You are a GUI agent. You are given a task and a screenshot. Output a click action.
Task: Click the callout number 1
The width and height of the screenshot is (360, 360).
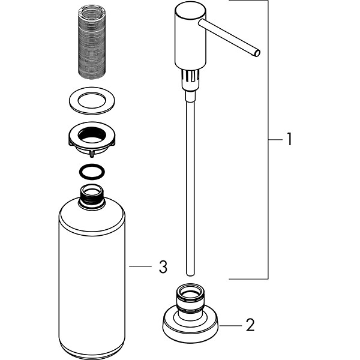tap(289, 139)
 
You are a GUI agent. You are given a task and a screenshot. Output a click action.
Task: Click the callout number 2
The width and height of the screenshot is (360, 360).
tap(250, 325)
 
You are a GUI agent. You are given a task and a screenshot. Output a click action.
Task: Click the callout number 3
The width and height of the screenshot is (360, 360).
tap(163, 266)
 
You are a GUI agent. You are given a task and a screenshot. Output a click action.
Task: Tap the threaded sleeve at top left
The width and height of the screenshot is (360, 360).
tap(92, 42)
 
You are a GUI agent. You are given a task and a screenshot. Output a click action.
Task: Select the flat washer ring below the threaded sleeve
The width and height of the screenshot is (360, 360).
tap(92, 101)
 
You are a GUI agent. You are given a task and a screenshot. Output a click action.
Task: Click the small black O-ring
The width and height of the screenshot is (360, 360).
tap(92, 172)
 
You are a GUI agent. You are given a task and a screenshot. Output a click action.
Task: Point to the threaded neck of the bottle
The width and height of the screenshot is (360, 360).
tap(92, 197)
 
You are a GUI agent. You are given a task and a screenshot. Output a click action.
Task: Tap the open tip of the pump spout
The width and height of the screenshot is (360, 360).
tap(257, 53)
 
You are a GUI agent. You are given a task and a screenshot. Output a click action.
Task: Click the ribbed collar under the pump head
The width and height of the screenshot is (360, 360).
tap(190, 79)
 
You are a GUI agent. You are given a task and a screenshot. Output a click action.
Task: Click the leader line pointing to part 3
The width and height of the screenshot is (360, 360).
tap(140, 266)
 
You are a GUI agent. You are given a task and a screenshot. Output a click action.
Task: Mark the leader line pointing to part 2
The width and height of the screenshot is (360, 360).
tap(231, 326)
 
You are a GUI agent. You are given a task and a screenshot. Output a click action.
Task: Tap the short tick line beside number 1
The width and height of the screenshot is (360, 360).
tap(275, 139)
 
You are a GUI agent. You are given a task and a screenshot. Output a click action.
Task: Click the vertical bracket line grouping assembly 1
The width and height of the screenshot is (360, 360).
tap(268, 140)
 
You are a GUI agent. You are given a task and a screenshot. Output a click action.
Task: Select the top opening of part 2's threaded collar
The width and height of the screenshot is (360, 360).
tap(190, 291)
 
